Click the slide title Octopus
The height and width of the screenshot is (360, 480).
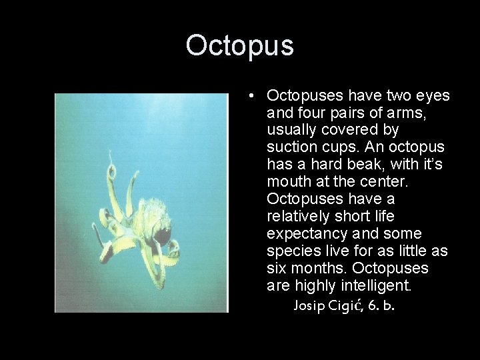[239, 45]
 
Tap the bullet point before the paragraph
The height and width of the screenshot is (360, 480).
[249, 96]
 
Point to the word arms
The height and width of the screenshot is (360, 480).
[407, 113]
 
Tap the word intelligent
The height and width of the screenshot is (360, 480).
[378, 286]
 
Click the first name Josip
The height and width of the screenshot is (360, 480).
[309, 307]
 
